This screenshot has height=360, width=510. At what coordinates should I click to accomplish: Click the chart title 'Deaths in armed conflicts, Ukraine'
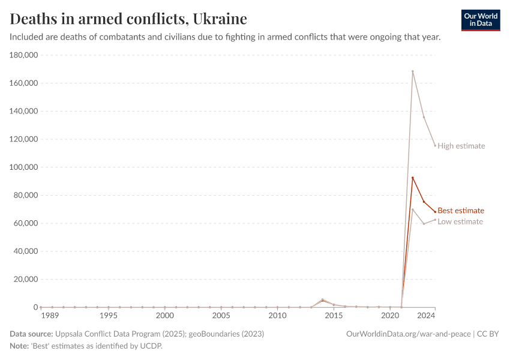(128, 18)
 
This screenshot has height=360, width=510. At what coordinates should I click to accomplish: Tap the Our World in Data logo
(480, 20)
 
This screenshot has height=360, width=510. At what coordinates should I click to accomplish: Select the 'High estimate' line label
(461, 146)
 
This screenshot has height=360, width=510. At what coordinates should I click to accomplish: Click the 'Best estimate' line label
(460, 211)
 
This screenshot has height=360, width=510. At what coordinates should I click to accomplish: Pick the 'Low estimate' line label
(460, 222)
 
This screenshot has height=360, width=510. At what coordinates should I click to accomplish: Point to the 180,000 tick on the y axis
(25, 55)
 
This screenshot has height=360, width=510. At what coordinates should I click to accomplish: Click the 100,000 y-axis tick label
(25, 167)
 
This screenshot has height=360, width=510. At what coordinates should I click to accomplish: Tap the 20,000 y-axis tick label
(26, 280)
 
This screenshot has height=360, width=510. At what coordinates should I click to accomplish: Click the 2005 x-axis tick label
(221, 316)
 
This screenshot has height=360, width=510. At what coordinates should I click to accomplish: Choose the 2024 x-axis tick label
(426, 316)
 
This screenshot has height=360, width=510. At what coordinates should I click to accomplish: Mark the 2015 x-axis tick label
(334, 316)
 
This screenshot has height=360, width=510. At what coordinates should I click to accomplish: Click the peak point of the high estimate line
(413, 71)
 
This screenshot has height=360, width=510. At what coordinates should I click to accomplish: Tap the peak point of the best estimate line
(413, 178)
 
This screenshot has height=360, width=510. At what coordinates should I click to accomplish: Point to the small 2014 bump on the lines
(323, 299)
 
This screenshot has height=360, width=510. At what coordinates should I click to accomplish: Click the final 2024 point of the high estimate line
(435, 146)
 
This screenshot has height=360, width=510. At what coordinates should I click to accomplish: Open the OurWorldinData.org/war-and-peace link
(409, 334)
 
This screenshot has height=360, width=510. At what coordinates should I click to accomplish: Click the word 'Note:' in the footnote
(20, 346)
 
